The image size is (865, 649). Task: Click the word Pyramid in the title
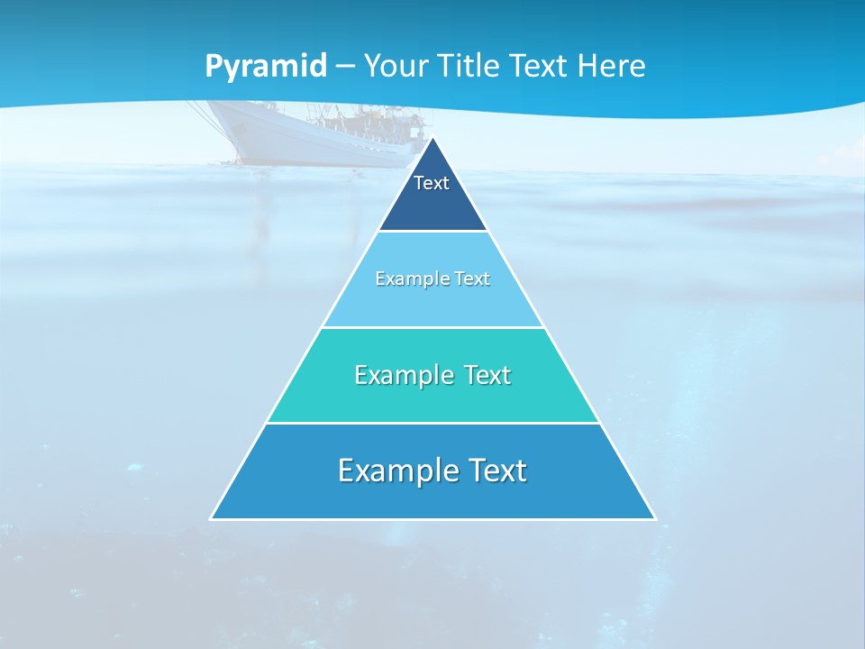[x=266, y=67]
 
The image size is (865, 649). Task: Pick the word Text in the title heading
[x=540, y=66]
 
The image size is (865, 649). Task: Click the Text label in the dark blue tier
[x=432, y=183]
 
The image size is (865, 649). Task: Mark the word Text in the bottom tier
[x=495, y=471]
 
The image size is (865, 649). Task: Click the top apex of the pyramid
[x=433, y=138]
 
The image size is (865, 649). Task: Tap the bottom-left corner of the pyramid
[x=212, y=518]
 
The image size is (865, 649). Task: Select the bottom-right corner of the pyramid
[x=654, y=518]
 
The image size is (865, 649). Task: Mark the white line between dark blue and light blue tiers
[x=433, y=232]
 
